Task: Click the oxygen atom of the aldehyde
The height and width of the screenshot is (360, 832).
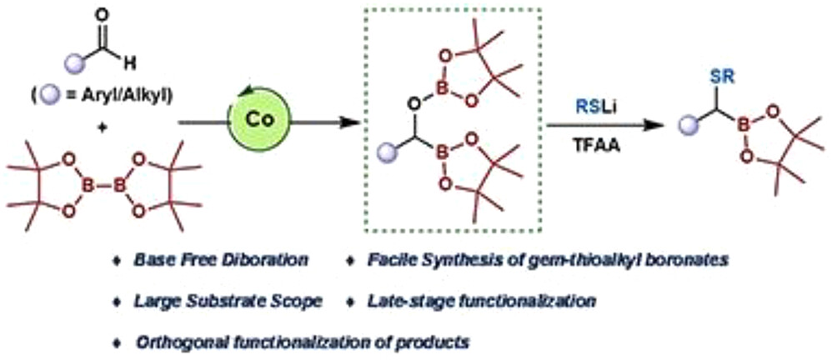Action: (x=103, y=15)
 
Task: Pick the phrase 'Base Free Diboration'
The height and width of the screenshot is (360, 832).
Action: (x=221, y=260)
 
